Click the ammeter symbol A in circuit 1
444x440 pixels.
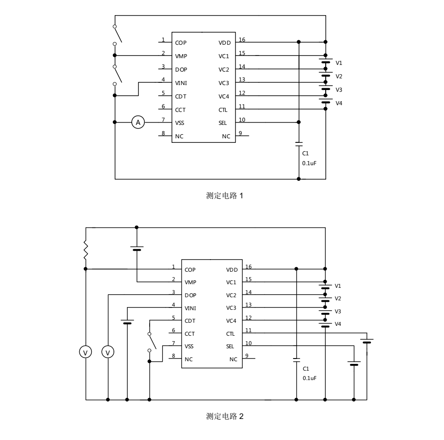138,122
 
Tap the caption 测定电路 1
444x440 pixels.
224,196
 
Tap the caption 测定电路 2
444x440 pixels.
224,416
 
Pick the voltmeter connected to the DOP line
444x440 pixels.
108,353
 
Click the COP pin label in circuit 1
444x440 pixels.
181,43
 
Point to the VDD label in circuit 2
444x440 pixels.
232,270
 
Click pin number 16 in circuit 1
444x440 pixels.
242,40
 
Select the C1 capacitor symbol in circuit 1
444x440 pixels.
299,144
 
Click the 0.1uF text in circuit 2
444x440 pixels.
310,378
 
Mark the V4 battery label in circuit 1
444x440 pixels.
339,103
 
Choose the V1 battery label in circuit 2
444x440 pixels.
338,286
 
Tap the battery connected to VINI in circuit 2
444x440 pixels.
128,322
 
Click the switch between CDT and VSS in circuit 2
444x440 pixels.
152,342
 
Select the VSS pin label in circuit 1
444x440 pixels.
180,123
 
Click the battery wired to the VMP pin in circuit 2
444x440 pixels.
137,248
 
